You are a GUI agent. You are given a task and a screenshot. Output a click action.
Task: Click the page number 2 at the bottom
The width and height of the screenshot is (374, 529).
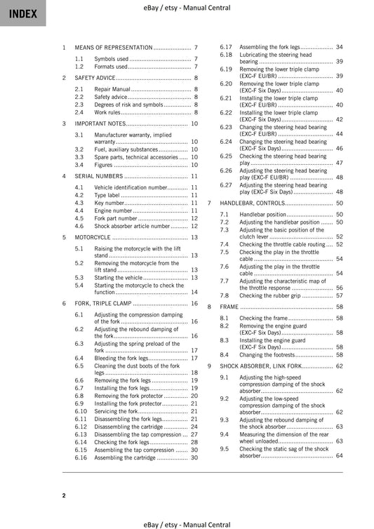coord(64,496)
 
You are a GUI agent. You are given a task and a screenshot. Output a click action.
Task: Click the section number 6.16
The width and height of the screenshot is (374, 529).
coord(81,457)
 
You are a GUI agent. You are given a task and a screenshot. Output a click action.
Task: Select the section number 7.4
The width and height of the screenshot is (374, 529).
coord(225,244)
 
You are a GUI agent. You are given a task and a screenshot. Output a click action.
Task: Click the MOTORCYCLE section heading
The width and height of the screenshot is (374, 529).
coord(92,237)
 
